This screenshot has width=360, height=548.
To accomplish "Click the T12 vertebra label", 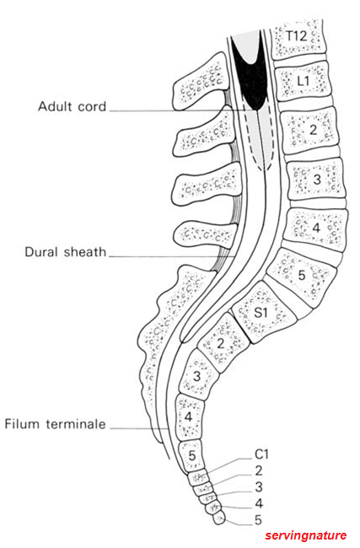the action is click(x=297, y=36).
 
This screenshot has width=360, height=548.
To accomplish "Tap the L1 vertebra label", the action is click(x=303, y=81).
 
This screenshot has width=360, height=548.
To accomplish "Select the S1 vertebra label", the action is click(x=261, y=312).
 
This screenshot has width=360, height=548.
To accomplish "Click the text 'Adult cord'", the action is click(x=72, y=106).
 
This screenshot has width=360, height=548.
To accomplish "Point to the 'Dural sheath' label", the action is click(x=66, y=251).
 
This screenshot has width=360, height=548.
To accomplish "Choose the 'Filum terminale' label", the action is click(x=55, y=424).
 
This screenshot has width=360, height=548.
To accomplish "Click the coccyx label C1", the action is click(x=261, y=454).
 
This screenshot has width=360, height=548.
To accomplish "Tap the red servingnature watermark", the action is click(x=305, y=535).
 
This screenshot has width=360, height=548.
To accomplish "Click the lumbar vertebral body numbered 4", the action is click(x=315, y=228).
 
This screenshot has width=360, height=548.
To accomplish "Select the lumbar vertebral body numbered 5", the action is click(x=302, y=276).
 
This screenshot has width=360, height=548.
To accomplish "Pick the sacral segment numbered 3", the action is click(x=198, y=376).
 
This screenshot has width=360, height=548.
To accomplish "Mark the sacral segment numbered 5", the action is click(x=191, y=455).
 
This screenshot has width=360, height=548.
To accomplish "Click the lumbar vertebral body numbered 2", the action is click(x=311, y=130).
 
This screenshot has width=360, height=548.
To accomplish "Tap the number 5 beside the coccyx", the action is click(x=258, y=520).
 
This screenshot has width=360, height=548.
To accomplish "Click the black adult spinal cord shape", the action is click(x=250, y=73).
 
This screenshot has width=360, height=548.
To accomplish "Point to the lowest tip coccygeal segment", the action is click(x=220, y=519).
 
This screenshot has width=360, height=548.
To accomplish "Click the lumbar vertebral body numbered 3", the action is click(x=316, y=180).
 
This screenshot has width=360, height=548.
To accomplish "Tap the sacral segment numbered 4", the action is click(x=189, y=417).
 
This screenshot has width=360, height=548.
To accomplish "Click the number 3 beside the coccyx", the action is click(x=258, y=486).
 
